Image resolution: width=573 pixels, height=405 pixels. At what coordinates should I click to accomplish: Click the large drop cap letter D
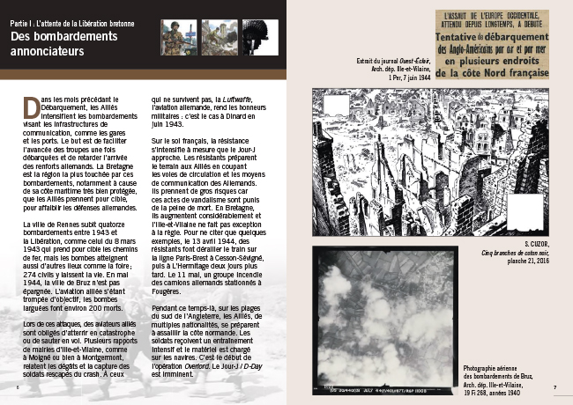click(x=33, y=106)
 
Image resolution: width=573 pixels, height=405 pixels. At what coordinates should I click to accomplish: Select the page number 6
click(x=19, y=386)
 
